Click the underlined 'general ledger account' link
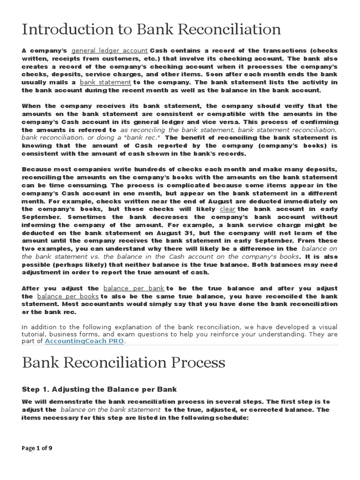(x=110, y=50)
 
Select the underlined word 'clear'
(x=227, y=209)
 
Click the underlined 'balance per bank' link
(x=133, y=288)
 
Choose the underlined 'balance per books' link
(x=68, y=296)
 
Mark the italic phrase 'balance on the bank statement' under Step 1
(x=110, y=410)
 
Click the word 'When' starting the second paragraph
(x=31, y=106)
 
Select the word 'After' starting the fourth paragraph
(x=32, y=288)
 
